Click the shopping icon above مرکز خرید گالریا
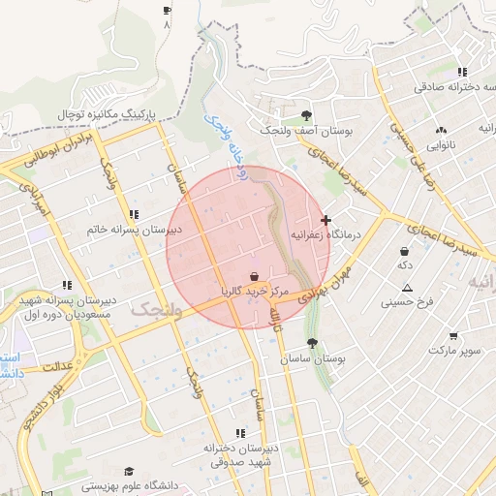[x=254, y=275]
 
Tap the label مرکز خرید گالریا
[x=255, y=290]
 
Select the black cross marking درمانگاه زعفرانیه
[x=325, y=221]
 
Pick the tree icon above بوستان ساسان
[x=311, y=343]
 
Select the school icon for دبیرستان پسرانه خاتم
[x=134, y=215]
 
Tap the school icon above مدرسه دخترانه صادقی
[x=463, y=72]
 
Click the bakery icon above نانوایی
[x=442, y=130]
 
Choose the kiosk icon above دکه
[x=404, y=251]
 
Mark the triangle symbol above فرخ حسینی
[x=407, y=288]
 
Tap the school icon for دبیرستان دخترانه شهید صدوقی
[x=240, y=433]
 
